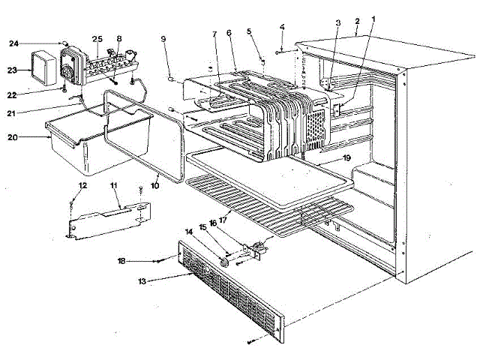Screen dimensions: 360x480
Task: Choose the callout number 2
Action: [x=358, y=21]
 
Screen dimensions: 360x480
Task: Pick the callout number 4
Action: [x=282, y=28]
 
